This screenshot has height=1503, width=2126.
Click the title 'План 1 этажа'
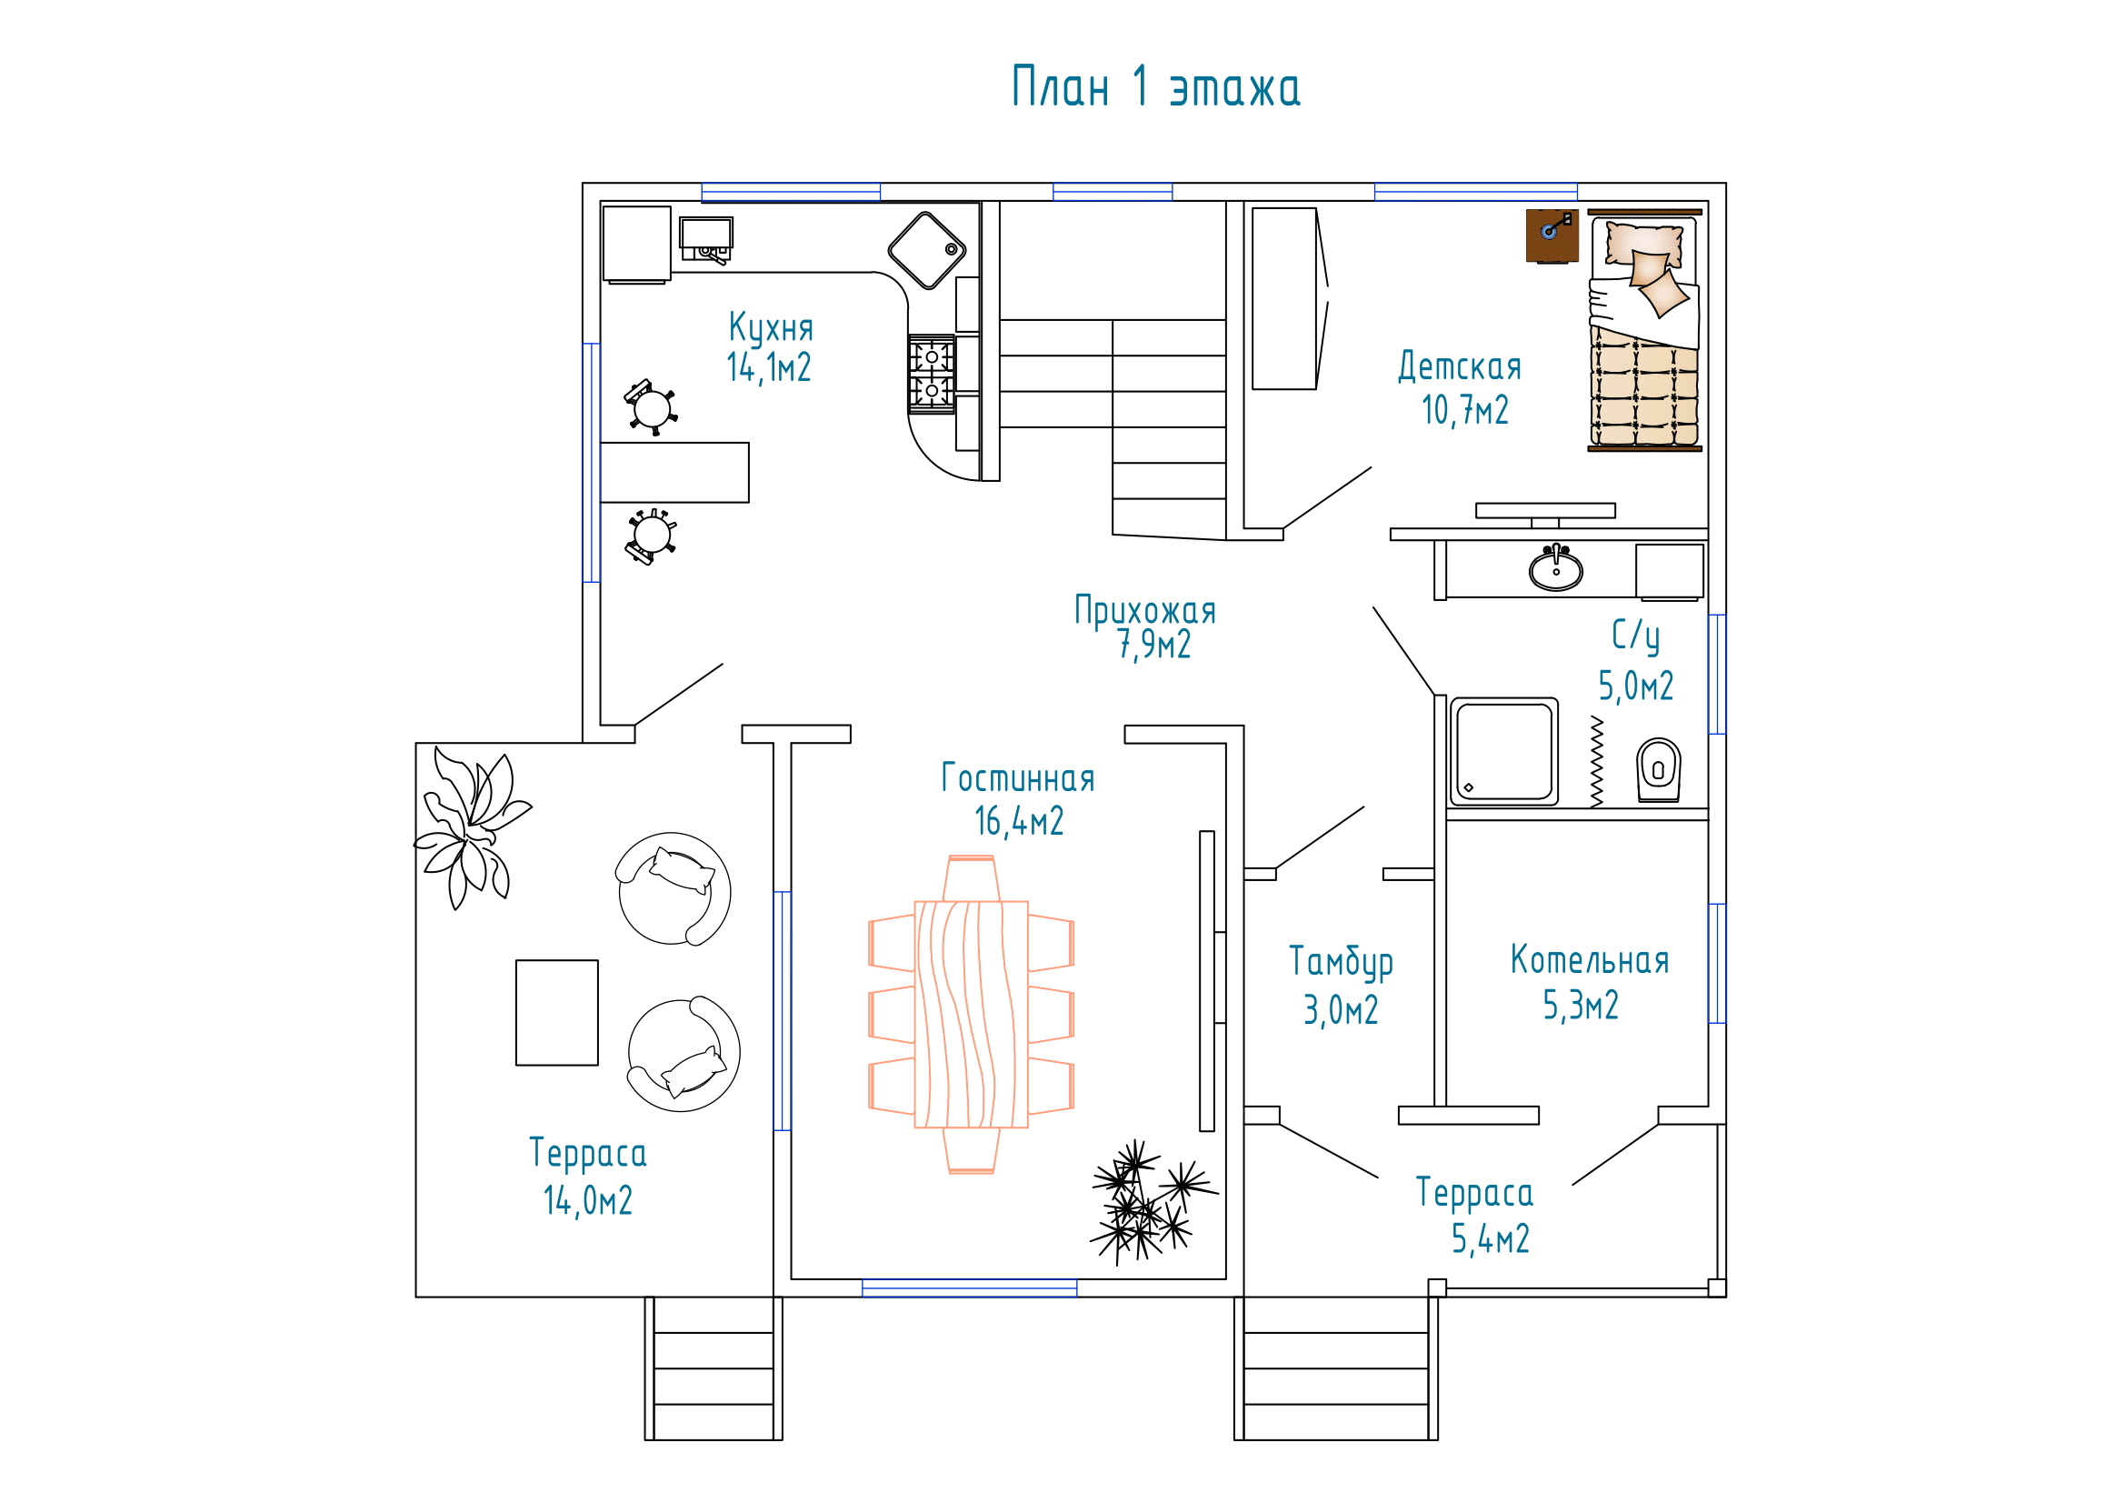(1155, 87)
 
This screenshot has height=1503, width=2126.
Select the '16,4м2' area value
(1019, 821)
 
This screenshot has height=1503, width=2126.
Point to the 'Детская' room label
(1460, 366)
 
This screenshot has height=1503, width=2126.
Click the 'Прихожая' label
(1144, 611)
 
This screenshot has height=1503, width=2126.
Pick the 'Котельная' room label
(1590, 960)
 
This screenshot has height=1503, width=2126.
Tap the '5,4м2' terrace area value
(1490, 1239)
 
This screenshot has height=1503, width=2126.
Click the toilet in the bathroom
(1659, 769)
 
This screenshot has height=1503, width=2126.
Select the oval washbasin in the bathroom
(1555, 567)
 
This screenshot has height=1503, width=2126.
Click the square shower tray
(1503, 751)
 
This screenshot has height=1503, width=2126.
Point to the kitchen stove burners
(932, 373)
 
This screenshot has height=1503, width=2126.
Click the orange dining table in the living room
(972, 1014)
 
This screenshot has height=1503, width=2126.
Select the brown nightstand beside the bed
(1552, 236)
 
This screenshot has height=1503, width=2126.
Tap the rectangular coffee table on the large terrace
(556, 1012)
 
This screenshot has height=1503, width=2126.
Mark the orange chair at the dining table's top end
(972, 878)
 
